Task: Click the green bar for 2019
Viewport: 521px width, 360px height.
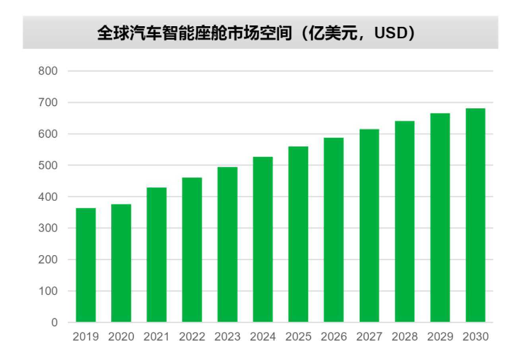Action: click(x=86, y=265)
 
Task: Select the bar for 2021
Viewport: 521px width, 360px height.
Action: click(x=156, y=255)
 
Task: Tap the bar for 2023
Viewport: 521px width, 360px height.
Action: click(x=227, y=244)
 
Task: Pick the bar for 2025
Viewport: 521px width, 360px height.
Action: click(x=298, y=234)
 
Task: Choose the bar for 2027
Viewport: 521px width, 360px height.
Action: click(x=369, y=226)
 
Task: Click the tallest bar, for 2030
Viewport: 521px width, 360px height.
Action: click(x=475, y=215)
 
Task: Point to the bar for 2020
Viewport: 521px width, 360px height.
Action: click(x=121, y=263)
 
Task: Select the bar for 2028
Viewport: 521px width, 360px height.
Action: click(x=404, y=221)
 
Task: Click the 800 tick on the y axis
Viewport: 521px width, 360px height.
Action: click(x=48, y=71)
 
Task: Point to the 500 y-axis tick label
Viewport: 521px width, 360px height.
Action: click(x=48, y=166)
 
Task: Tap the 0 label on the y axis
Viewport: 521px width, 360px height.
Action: click(x=54, y=323)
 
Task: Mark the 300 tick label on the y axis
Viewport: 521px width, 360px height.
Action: click(x=48, y=228)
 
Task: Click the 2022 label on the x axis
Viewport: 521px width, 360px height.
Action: click(x=192, y=337)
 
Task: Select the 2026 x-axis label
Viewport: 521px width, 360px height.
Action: click(x=333, y=337)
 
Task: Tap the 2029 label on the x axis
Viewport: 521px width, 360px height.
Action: click(x=440, y=337)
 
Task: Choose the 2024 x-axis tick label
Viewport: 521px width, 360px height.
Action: click(x=263, y=337)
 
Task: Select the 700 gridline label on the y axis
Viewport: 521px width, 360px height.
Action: click(x=48, y=103)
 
